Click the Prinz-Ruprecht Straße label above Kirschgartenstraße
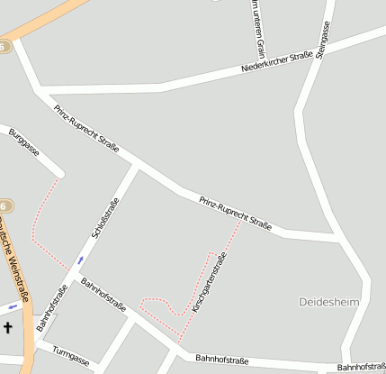tap(236, 213)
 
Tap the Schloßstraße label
tap(105, 218)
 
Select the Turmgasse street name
tap(72, 356)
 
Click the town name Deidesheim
tap(328, 301)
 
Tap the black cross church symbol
tap(8, 328)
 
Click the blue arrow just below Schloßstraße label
tap(80, 260)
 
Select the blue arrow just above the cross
tap(12, 306)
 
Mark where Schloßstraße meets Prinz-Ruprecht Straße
tap(136, 165)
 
